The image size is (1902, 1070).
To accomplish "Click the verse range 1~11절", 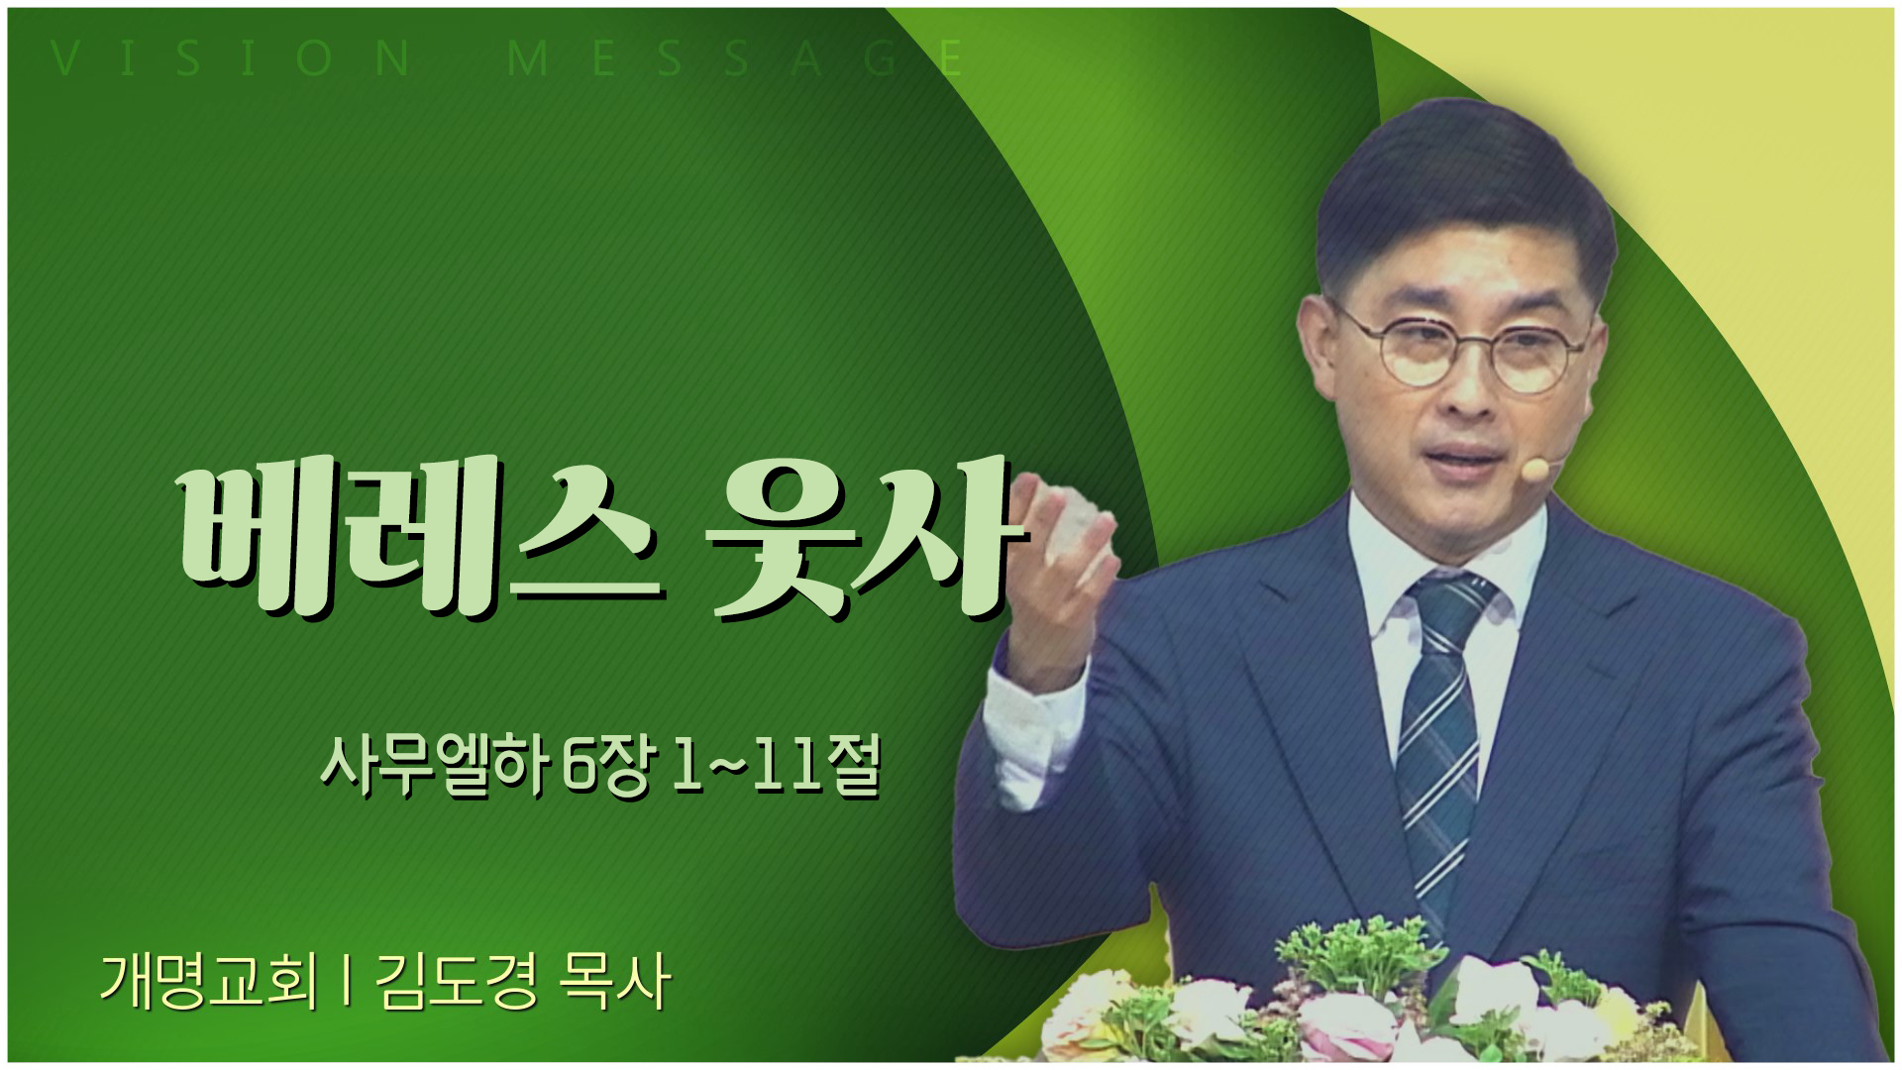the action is coord(776,767).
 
